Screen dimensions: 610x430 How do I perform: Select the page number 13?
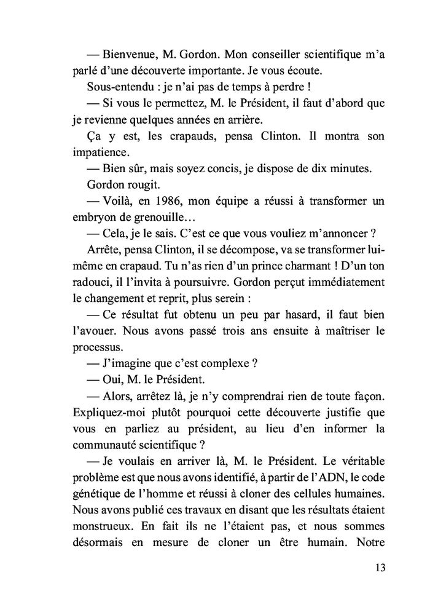pos(379,568)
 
